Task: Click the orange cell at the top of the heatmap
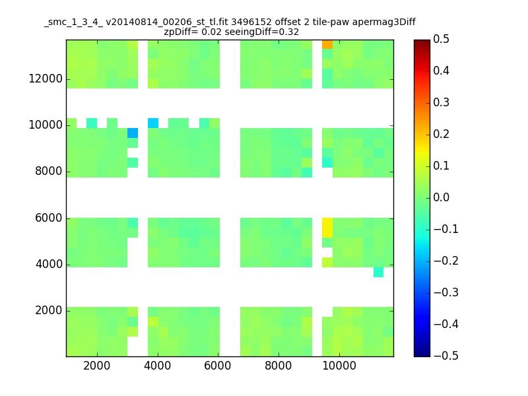pos(327,44)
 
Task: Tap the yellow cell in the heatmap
pos(327,228)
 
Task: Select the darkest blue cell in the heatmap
pos(133,133)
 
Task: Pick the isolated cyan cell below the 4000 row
pos(378,272)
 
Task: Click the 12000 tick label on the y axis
pos(46,79)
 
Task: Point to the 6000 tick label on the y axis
pos(49,218)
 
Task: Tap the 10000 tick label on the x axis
pos(339,366)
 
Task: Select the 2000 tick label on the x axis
pos(97,366)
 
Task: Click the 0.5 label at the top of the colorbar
pos(441,39)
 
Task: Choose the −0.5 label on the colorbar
pos(446,356)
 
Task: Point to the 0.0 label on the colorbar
pos(441,197)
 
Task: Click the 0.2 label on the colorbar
pos(441,134)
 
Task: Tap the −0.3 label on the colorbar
pos(446,292)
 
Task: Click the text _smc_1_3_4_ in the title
pos(73,22)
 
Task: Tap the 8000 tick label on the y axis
pos(49,171)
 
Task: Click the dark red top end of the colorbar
pos(422,42)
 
